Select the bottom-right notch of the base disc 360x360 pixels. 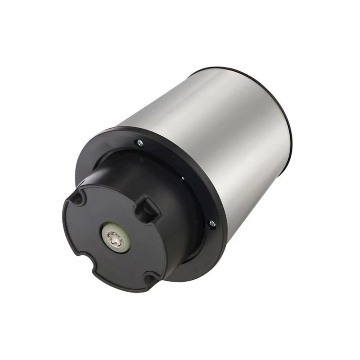tap(148, 281)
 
